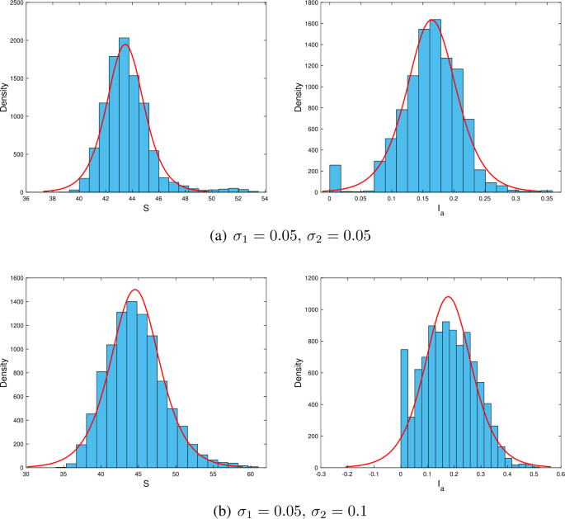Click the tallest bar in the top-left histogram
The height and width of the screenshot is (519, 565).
tap(124, 116)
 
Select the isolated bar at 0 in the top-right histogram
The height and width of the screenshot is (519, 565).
tap(335, 178)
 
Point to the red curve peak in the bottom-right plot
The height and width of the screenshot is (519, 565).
tap(448, 296)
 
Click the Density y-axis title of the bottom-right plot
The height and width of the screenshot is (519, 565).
tap(299, 372)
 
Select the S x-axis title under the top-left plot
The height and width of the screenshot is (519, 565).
tap(145, 207)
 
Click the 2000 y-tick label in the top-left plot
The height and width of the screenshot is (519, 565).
tap(16, 40)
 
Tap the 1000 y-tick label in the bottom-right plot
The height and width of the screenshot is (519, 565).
tap(310, 309)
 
